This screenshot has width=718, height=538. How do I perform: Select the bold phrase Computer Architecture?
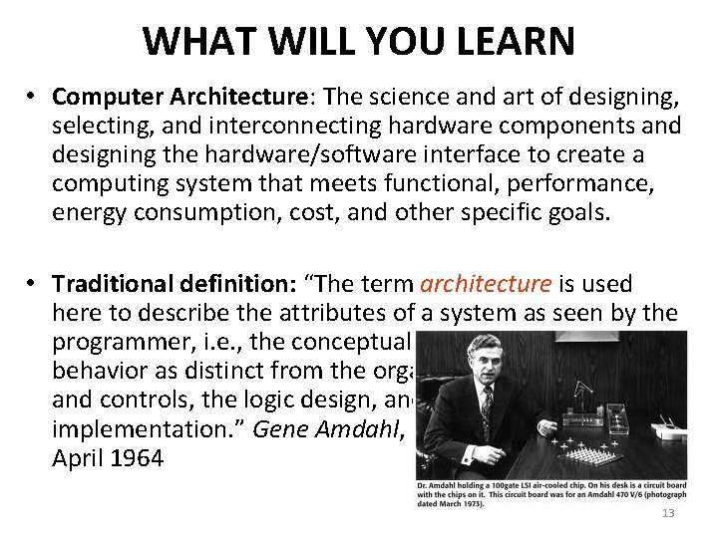coord(179,98)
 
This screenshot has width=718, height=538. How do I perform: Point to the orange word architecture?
coord(489,284)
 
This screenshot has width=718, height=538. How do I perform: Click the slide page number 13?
coord(668,513)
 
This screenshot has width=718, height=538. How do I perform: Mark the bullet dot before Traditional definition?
coord(33,284)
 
